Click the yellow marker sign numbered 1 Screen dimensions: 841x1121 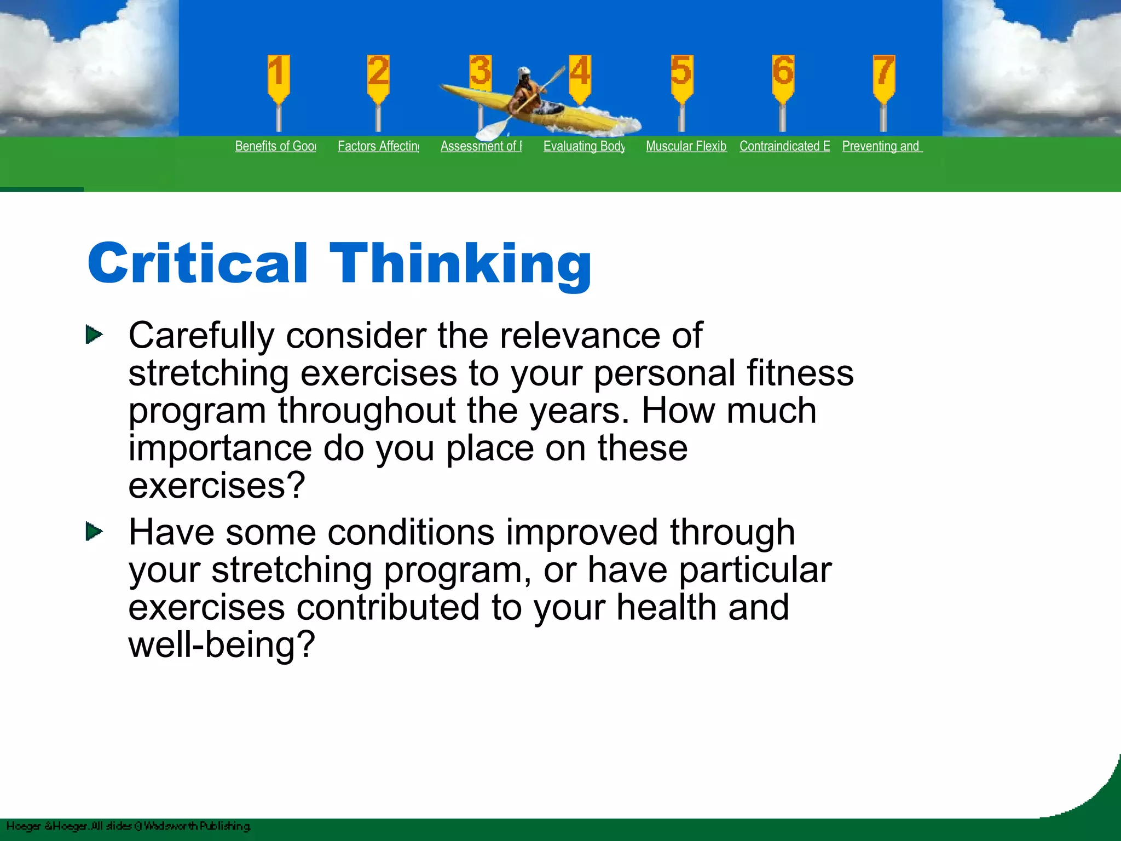[278, 77]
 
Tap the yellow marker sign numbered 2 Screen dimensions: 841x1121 [378, 77]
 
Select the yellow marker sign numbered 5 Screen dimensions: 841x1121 [681, 77]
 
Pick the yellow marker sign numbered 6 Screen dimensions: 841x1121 [783, 77]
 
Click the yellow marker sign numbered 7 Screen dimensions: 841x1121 [883, 77]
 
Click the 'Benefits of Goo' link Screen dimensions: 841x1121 [275, 146]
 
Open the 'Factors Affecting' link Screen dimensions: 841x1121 [378, 146]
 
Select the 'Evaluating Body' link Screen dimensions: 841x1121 [583, 146]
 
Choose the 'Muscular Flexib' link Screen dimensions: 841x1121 [686, 146]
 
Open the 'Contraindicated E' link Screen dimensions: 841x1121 [784, 146]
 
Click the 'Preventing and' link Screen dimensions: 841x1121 [882, 146]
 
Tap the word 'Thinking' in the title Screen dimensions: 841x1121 [460, 264]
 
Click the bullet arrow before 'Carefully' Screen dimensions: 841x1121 [94, 335]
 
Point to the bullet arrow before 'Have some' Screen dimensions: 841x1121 [94, 531]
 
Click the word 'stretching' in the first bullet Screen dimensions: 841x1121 [209, 374]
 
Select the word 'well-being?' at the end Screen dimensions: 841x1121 [222, 645]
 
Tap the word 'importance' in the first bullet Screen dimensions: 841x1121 [219, 448]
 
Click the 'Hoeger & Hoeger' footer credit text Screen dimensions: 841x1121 [47, 826]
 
